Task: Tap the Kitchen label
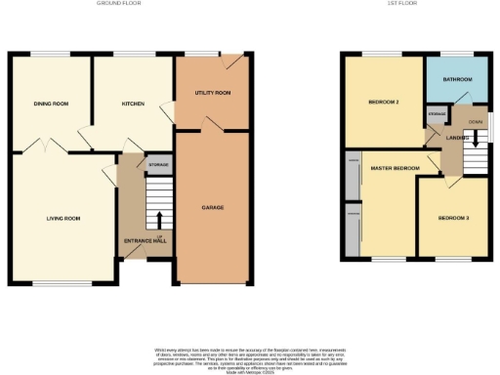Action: coord(132,104)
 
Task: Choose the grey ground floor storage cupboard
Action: coord(158,165)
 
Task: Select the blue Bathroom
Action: coord(457,79)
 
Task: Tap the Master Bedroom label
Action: coord(395,169)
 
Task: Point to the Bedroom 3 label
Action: coord(453,217)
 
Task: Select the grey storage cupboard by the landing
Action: coord(437,115)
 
